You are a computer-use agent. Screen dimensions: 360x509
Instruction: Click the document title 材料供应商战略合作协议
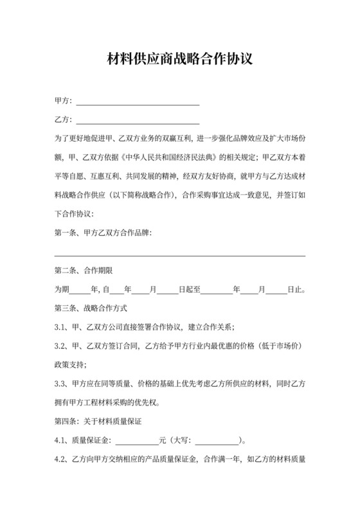coord(179,60)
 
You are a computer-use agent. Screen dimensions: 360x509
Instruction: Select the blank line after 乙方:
coord(138,120)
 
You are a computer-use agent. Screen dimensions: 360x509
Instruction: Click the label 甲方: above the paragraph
coord(64,102)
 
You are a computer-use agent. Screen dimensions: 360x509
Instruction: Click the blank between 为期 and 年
coord(81,289)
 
